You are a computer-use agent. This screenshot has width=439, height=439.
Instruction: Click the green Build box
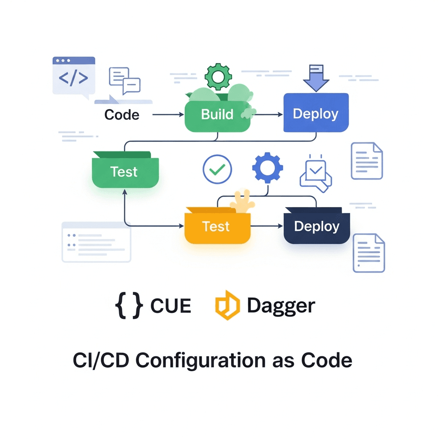point(217,115)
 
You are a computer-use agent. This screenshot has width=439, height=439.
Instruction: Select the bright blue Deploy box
point(316,113)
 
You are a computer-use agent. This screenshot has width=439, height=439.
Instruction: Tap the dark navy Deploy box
point(317,227)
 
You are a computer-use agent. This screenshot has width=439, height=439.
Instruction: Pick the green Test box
point(125,171)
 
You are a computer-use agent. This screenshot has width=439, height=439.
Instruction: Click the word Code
point(122,115)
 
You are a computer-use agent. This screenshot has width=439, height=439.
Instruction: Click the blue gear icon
point(267,168)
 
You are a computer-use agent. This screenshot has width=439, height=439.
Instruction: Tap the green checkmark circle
point(217,169)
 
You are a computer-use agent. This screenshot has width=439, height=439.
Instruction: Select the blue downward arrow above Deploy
point(316,78)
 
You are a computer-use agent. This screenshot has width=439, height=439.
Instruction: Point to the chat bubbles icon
point(125,80)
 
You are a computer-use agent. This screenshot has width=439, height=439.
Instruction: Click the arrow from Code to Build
point(168,115)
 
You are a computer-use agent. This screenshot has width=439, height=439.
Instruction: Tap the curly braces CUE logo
point(129,306)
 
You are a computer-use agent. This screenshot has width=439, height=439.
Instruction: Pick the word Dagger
point(281,306)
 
